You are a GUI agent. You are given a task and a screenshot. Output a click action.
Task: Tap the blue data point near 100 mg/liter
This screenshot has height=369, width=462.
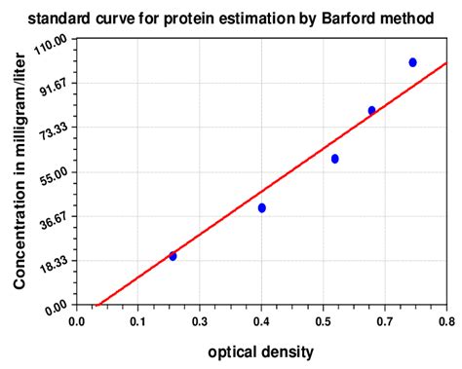(412, 62)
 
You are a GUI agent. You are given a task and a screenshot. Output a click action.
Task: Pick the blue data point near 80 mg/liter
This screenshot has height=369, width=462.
(371, 110)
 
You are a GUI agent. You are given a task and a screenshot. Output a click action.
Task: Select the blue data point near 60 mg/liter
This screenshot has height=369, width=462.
(334, 159)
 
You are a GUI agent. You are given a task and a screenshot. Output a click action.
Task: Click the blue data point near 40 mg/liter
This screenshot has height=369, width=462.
(261, 207)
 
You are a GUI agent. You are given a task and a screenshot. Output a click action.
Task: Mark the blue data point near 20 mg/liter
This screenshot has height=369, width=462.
(173, 256)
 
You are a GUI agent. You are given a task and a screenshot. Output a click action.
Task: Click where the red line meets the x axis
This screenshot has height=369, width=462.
(96, 306)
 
